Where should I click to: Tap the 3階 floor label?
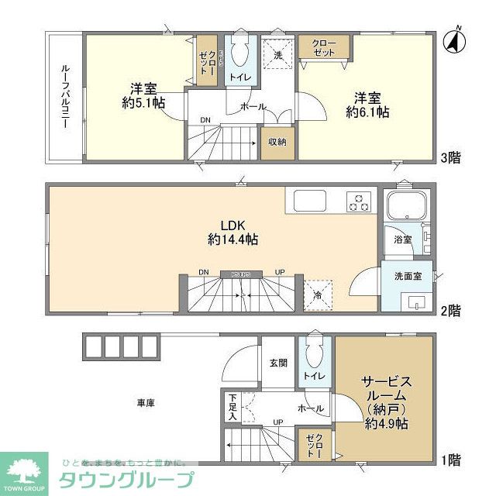(x=451, y=158)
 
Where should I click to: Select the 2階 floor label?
(x=450, y=311)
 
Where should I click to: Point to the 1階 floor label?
(x=450, y=460)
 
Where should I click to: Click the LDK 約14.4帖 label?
(x=232, y=232)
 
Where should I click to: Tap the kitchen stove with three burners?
(x=357, y=201)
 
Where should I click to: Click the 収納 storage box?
(x=277, y=142)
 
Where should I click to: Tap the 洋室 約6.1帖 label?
(x=367, y=105)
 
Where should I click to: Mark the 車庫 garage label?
(x=146, y=403)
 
